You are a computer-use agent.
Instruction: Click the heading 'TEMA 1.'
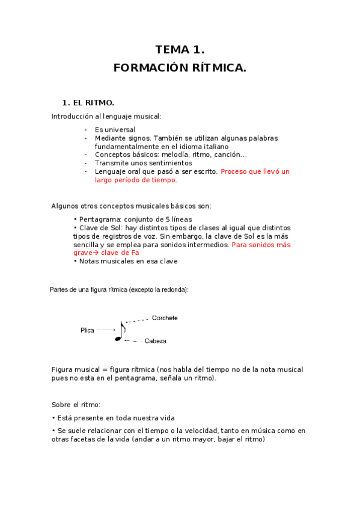click(x=180, y=50)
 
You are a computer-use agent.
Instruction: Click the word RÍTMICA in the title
click(x=216, y=68)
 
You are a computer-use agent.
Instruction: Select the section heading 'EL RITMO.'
click(x=93, y=103)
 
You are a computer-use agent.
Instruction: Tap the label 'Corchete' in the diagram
click(x=165, y=318)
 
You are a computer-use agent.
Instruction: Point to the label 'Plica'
click(x=87, y=330)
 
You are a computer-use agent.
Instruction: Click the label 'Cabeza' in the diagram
click(x=155, y=341)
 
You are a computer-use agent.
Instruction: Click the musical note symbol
click(x=120, y=332)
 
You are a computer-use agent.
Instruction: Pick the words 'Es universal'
click(x=115, y=129)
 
